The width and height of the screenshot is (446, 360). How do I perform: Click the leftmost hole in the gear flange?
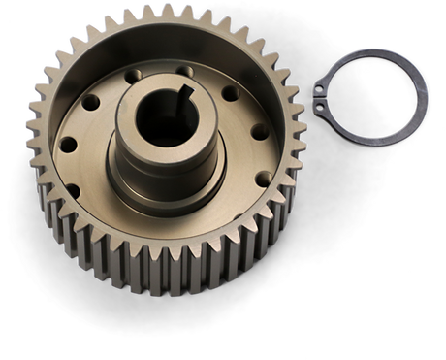click(x=68, y=145)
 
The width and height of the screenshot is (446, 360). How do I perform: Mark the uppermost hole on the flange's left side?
click(x=90, y=102)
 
